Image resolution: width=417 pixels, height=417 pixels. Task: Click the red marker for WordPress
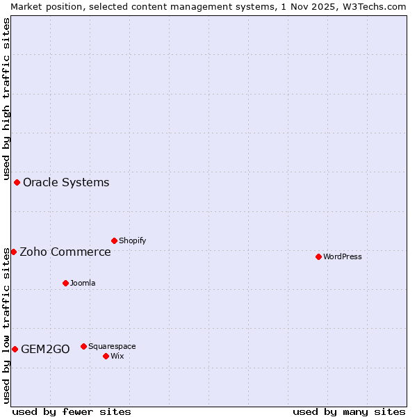[x=318, y=256]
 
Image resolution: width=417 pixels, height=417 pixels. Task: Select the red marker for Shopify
[x=114, y=240]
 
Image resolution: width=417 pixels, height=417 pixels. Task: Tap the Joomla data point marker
[x=65, y=283]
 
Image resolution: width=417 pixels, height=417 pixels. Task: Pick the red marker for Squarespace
[x=83, y=346]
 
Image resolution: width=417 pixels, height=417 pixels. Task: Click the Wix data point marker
[x=106, y=356]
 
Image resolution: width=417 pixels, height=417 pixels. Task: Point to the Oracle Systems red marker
[x=17, y=182]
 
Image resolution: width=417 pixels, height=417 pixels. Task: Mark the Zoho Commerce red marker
[x=13, y=252]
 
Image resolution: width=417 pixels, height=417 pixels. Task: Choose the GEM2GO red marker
[x=15, y=349]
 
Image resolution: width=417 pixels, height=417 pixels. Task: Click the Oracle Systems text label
[x=66, y=183]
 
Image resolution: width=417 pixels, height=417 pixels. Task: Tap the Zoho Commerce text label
[x=65, y=252]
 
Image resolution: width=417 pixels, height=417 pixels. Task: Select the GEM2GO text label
[x=45, y=350]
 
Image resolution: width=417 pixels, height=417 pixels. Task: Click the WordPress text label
[x=343, y=257]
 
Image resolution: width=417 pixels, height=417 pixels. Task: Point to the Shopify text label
[x=132, y=241]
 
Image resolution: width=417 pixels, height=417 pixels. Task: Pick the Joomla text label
[x=83, y=284]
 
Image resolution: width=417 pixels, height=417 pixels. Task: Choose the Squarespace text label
[x=112, y=347]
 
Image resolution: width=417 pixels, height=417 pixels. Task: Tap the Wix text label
[x=117, y=357]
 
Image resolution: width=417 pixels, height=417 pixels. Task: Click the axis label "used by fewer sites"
[x=72, y=411]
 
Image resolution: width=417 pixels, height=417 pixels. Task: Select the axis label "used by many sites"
[x=349, y=411]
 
